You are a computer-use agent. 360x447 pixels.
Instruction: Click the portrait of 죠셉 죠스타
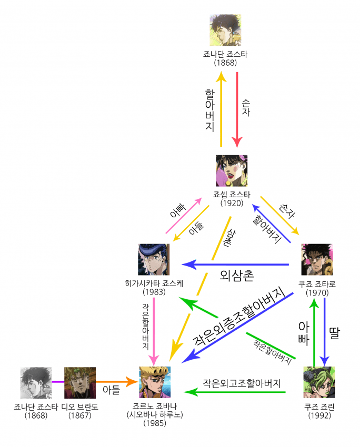pyautogui.click(x=232, y=170)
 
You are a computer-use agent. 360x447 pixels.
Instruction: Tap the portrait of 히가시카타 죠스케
pyautogui.click(x=154, y=259)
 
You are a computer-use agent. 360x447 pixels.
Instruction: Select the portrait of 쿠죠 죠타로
pyautogui.click(x=317, y=259)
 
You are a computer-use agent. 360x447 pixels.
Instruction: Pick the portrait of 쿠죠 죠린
pyautogui.click(x=319, y=382)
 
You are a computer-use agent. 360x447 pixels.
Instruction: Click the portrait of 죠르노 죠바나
pyautogui.click(x=155, y=382)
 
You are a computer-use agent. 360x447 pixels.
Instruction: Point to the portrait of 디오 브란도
pyautogui.click(x=80, y=382)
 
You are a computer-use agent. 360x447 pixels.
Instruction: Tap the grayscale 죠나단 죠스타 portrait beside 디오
pyautogui.click(x=36, y=382)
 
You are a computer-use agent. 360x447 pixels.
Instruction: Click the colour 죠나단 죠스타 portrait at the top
pyautogui.click(x=225, y=30)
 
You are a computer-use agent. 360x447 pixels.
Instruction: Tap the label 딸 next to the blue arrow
pyautogui.click(x=334, y=332)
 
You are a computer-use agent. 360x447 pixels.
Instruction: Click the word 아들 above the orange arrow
pyautogui.click(x=111, y=389)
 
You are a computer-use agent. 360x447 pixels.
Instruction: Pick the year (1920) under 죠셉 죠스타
pyautogui.click(x=232, y=202)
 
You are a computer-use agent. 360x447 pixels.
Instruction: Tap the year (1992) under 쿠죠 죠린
pyautogui.click(x=319, y=415)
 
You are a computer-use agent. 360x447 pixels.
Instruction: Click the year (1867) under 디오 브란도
pyautogui.click(x=80, y=415)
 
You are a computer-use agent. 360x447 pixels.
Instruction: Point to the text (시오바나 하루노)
pyautogui.click(x=155, y=414)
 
